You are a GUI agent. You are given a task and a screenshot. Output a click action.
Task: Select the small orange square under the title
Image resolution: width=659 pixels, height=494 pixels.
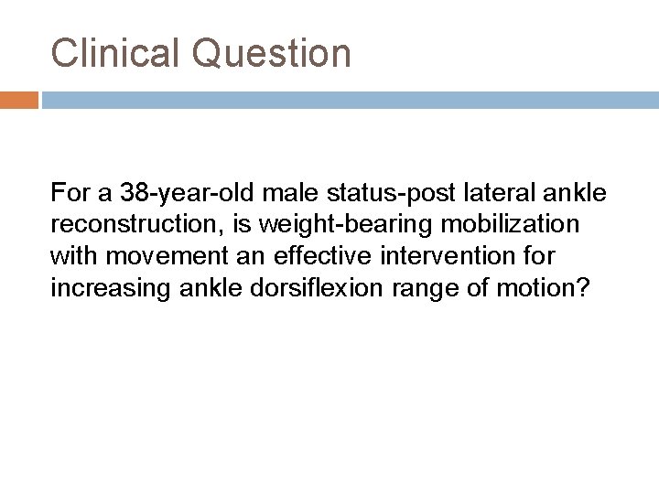point(19,99)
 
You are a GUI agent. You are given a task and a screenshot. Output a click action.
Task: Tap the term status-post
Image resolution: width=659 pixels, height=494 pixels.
point(367,194)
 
